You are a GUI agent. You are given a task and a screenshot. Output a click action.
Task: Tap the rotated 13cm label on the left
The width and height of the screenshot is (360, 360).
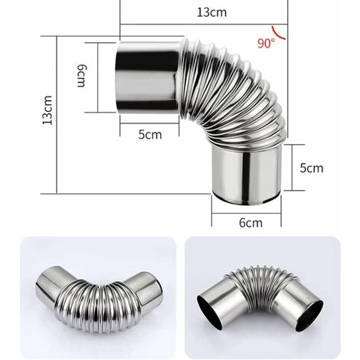(x=47, y=113)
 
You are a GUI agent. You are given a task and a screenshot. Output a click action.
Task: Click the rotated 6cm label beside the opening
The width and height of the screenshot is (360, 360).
(x=80, y=74)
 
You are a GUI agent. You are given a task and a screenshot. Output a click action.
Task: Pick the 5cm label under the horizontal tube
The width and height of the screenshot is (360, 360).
(x=150, y=135)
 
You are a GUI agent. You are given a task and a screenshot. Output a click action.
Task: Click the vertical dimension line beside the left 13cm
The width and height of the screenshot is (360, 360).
(x=61, y=113)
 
